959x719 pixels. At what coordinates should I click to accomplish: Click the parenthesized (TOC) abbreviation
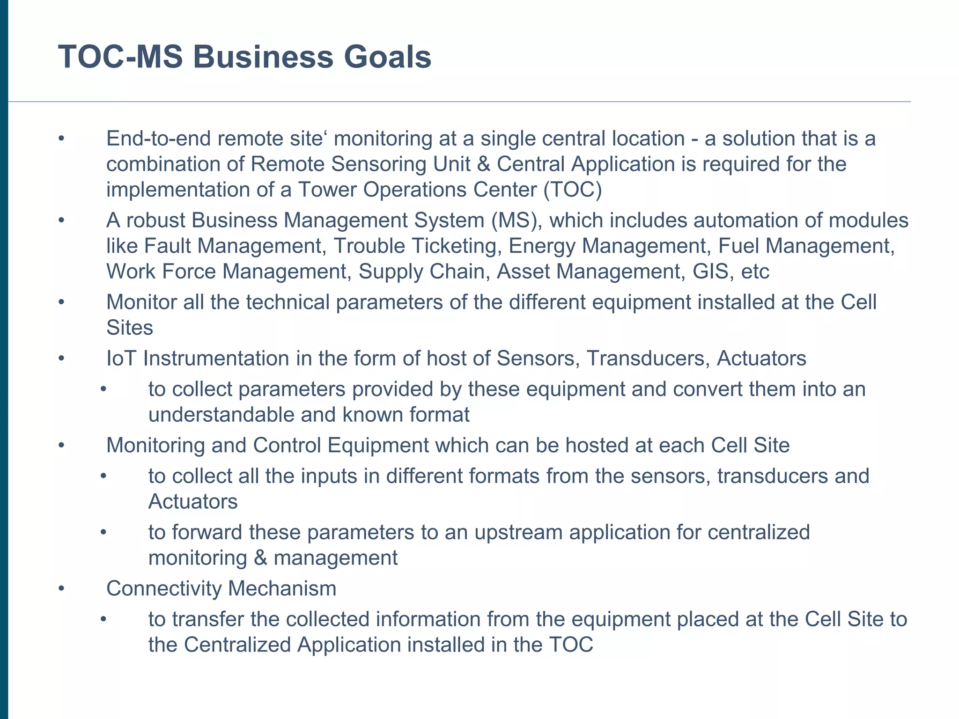573,190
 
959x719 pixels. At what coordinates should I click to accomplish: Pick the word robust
155,220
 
